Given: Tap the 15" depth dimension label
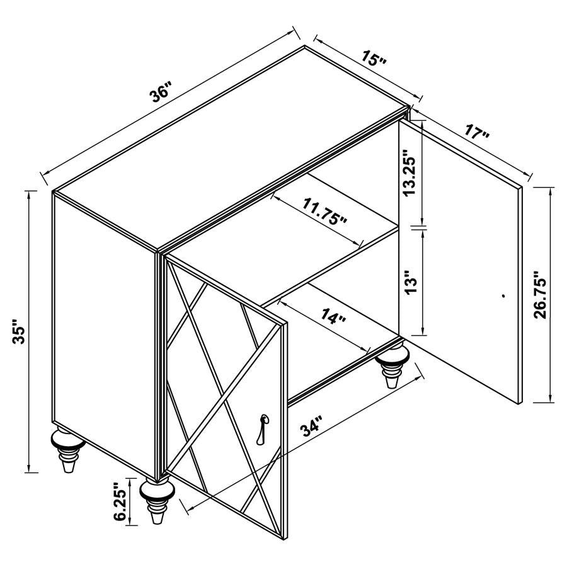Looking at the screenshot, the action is [x=374, y=58].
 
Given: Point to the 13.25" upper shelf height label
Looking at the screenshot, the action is [x=411, y=173].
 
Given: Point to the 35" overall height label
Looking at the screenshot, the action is [x=18, y=331].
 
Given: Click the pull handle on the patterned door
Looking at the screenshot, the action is [x=262, y=429].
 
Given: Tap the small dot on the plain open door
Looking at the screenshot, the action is [x=504, y=296].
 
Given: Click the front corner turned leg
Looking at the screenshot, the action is [x=157, y=500].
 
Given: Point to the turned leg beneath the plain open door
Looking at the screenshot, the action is [x=392, y=365].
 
